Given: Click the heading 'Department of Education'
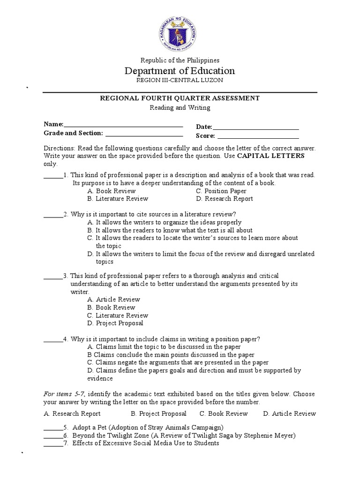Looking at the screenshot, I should (180, 71).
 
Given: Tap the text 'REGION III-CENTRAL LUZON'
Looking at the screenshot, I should (180, 80).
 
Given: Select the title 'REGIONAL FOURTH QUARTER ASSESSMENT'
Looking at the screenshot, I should (180, 98).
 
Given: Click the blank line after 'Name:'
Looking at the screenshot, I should (123, 125).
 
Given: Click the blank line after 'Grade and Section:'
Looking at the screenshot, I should (144, 135).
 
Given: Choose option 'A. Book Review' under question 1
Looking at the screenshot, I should (112, 191).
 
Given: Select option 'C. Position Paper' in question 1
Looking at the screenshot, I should (221, 191).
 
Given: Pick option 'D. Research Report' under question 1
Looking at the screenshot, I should (225, 199).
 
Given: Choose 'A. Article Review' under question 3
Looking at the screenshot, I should (114, 300).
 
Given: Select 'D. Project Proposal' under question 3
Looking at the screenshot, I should (115, 323).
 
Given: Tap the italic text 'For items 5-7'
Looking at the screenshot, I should (65, 394).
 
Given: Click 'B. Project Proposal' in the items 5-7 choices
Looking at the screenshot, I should (158, 413).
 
